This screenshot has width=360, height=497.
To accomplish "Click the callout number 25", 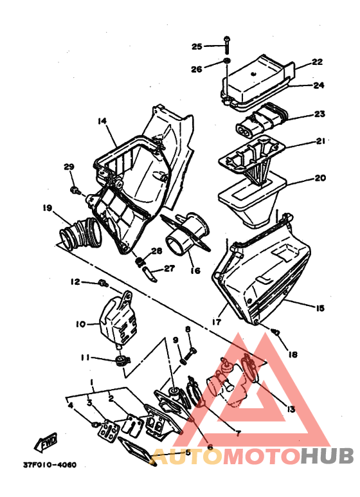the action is (197, 46).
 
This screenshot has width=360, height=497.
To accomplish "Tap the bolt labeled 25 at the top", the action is (226, 45).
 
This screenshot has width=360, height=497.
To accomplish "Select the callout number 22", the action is (317, 62).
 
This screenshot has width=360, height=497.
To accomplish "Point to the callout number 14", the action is (102, 121).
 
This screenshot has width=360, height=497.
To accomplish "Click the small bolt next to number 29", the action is (75, 190).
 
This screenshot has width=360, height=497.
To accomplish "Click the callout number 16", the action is (195, 271).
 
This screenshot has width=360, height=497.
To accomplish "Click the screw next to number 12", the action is (104, 283).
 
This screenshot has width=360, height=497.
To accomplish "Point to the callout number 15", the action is (319, 308).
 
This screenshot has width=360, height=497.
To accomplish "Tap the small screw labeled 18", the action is (275, 332).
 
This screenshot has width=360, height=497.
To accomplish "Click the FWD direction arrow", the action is (46, 442).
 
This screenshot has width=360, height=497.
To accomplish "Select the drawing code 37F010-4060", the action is (50, 465).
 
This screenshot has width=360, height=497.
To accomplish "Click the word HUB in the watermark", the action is (327, 456).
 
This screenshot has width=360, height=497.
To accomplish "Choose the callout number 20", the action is (320, 178).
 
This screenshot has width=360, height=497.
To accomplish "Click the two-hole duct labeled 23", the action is (262, 121).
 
